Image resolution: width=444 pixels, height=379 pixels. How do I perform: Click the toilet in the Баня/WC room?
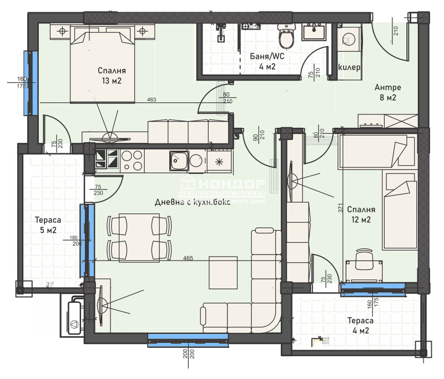click(286, 38)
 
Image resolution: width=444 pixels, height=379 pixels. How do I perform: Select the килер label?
click(349, 67)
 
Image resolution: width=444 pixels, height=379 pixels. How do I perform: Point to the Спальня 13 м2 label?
click(112, 76)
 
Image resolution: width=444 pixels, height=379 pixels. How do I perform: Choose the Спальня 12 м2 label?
click(361, 215)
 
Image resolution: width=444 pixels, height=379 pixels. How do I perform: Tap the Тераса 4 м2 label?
click(360, 326)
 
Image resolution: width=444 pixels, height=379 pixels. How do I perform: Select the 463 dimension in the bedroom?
click(151, 100)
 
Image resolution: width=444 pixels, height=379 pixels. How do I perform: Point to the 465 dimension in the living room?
click(188, 259)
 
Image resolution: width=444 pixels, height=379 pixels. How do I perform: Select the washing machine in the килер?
click(348, 40)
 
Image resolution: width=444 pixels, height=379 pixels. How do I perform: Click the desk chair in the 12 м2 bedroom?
click(362, 257)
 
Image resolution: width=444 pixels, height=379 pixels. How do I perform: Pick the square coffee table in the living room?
click(223, 272)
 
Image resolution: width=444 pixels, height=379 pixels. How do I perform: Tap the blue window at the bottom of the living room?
click(176, 340)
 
